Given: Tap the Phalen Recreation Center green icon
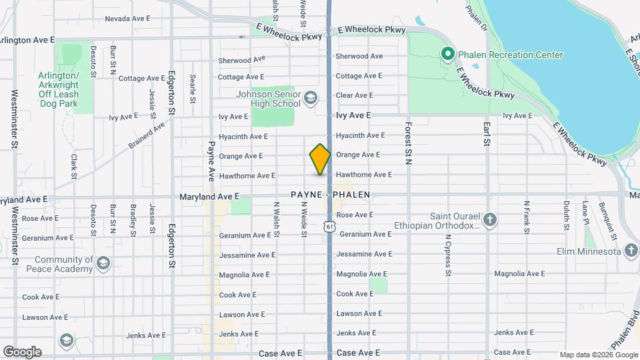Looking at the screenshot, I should click(447, 54).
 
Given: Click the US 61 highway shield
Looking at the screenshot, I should click(329, 227).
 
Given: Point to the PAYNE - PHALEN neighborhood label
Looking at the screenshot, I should click(330, 195).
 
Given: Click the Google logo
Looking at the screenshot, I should click(22, 351).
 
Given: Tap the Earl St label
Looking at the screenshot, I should click(487, 133).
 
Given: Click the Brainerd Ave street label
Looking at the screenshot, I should click(146, 136).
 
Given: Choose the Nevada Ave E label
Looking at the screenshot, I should click(128, 19).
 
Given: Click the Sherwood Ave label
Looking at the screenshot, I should click(359, 57).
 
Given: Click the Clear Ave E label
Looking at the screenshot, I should click(359, 95).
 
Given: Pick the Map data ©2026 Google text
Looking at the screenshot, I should click(598, 355).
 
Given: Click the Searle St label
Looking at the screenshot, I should click(192, 86).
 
